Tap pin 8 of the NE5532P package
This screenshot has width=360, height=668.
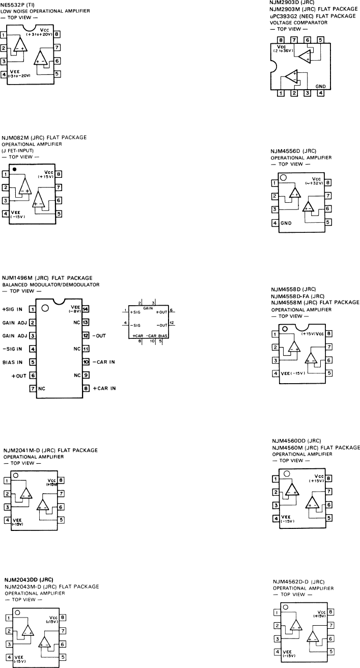(x=58, y=36)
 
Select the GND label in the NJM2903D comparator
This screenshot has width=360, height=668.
(x=320, y=87)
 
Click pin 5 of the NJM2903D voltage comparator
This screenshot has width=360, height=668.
(x=320, y=40)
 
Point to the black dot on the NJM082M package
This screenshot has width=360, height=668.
(x=15, y=168)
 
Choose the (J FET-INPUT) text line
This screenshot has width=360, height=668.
(x=19, y=151)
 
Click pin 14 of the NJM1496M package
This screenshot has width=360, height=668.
(x=86, y=309)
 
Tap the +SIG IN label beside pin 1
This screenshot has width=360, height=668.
(x=13, y=309)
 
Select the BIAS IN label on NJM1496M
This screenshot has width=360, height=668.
(x=14, y=362)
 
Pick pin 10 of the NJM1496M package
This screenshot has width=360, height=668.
(x=86, y=362)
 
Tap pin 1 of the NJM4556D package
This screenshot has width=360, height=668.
(x=275, y=183)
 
